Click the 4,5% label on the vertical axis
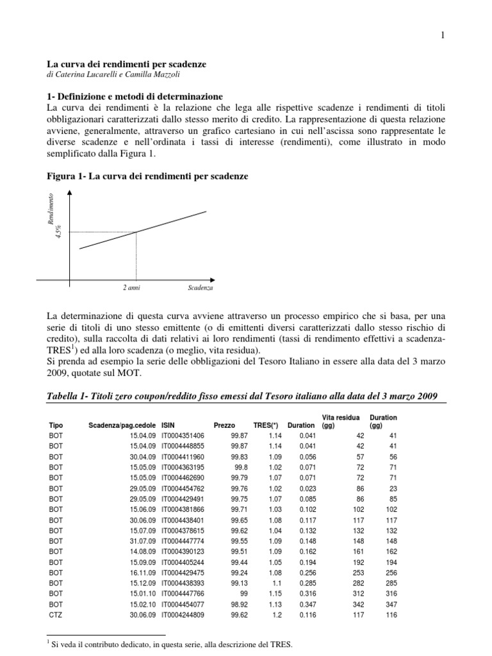coord(58,231)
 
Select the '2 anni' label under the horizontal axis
coord(131,288)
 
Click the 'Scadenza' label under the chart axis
coord(201,288)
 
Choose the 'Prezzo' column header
coord(224,425)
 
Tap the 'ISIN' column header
coord(168,425)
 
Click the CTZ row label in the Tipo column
coord(56,614)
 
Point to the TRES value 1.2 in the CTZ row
coord(277,614)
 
